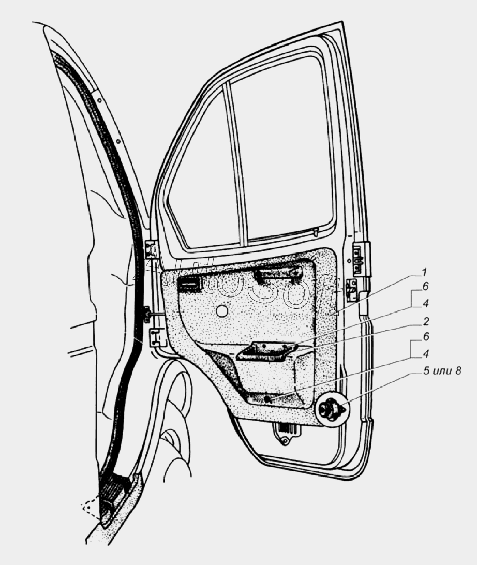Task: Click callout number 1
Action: point(424,272)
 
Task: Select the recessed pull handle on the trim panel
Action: point(265,351)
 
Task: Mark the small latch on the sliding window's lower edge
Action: point(315,232)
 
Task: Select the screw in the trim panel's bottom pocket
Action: point(267,399)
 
